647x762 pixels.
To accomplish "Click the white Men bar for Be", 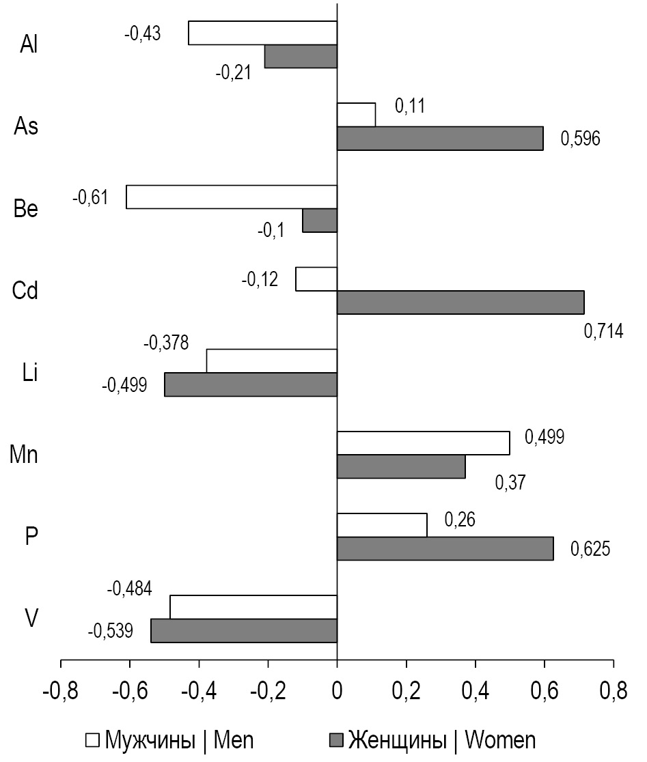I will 232,197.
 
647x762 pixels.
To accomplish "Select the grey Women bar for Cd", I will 460,302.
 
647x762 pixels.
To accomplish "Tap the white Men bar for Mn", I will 424,443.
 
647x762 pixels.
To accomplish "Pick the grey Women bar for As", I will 440,138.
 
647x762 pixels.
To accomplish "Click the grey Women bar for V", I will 244,630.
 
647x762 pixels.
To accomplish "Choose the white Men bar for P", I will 382,525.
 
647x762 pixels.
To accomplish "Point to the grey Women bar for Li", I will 251,384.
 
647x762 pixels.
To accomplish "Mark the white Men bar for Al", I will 263,33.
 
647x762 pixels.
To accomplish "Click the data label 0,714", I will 603,333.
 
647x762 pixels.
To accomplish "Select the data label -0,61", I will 90,198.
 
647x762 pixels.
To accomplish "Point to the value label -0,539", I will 110,630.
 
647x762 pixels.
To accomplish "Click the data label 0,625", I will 589,548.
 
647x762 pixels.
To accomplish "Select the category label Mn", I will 24,455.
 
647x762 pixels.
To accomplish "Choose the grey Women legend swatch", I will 335,740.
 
